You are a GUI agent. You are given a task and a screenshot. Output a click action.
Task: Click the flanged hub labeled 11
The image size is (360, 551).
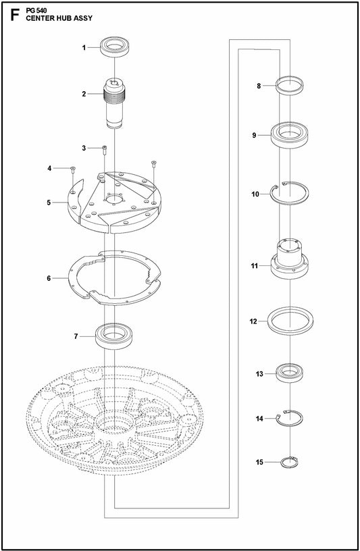click(x=291, y=260)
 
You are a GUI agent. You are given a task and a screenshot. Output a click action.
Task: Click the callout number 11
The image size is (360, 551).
click(x=255, y=266)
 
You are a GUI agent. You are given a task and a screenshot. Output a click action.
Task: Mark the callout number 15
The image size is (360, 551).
click(x=259, y=463)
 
